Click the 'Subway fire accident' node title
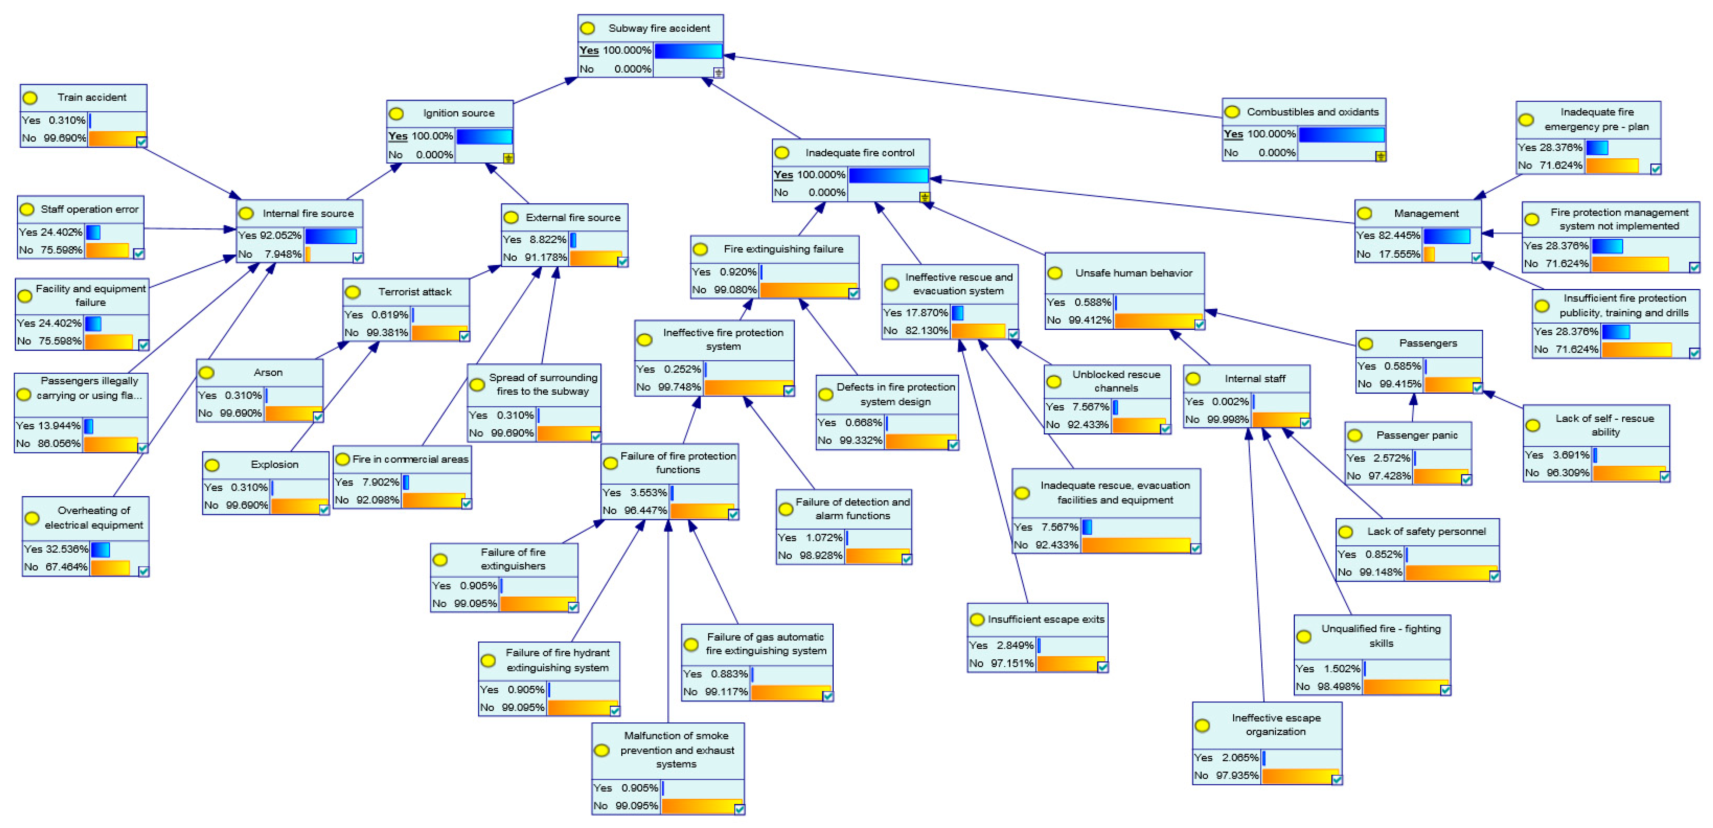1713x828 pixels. [658, 28]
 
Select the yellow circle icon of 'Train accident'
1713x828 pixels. [31, 98]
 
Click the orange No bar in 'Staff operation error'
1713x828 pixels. [107, 250]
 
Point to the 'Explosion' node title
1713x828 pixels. [274, 464]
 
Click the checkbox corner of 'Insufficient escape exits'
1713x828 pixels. [1102, 666]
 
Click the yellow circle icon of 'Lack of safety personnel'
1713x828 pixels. [1346, 532]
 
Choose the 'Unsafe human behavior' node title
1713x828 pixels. [1133, 273]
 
